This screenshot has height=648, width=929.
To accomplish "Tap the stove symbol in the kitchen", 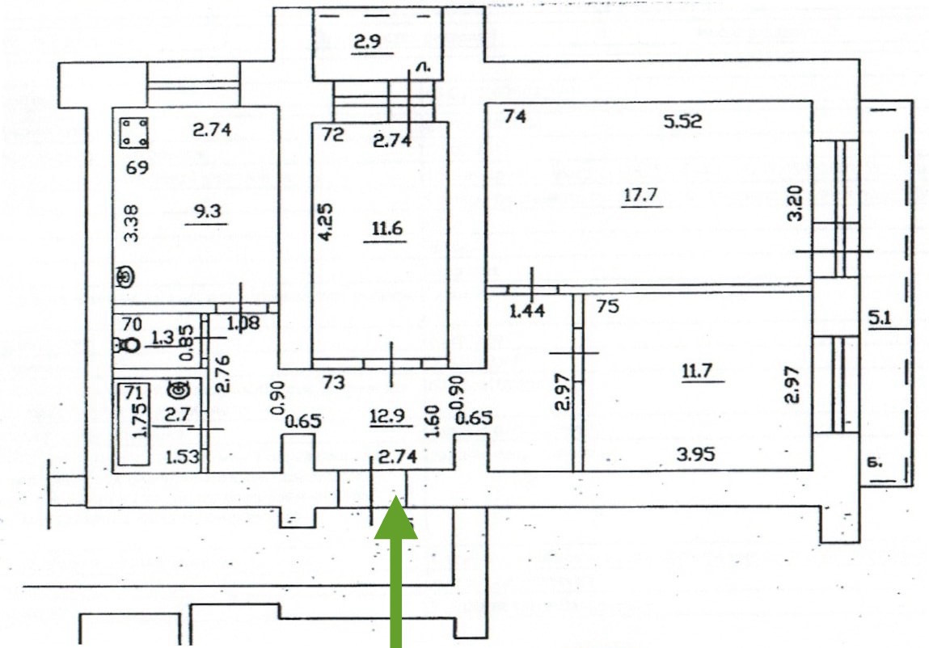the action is click(x=135, y=133).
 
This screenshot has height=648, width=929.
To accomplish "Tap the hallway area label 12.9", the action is click(x=386, y=418).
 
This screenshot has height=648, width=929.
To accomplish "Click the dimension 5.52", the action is click(x=682, y=122).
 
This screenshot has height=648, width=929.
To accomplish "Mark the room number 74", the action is click(x=514, y=117).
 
